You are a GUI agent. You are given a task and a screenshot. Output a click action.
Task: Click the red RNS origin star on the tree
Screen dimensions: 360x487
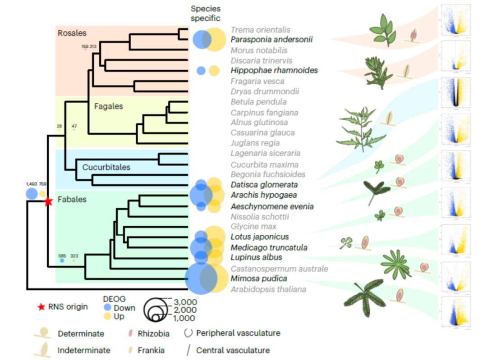click(x=48, y=202)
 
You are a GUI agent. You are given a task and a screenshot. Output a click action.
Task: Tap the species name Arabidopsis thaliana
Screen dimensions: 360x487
click(x=262, y=289)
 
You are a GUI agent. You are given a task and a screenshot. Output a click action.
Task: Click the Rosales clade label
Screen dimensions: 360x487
click(x=72, y=33)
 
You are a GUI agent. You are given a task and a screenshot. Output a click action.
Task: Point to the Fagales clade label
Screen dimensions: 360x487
click(x=109, y=107)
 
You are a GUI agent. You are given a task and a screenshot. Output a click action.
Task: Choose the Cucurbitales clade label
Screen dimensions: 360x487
click(x=106, y=167)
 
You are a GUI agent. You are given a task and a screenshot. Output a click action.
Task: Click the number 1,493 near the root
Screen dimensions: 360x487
click(x=31, y=184)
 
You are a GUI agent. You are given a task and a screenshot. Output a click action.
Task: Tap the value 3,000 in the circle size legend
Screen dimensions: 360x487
click(x=185, y=301)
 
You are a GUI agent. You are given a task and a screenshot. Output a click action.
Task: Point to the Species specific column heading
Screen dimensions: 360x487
click(x=206, y=14)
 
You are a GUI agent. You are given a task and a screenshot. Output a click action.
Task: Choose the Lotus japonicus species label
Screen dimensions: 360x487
click(x=260, y=237)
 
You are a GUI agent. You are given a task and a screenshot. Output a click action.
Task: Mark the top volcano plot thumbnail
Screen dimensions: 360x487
click(x=455, y=21)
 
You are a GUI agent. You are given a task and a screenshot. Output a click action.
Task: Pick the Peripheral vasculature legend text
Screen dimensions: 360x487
click(x=238, y=333)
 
